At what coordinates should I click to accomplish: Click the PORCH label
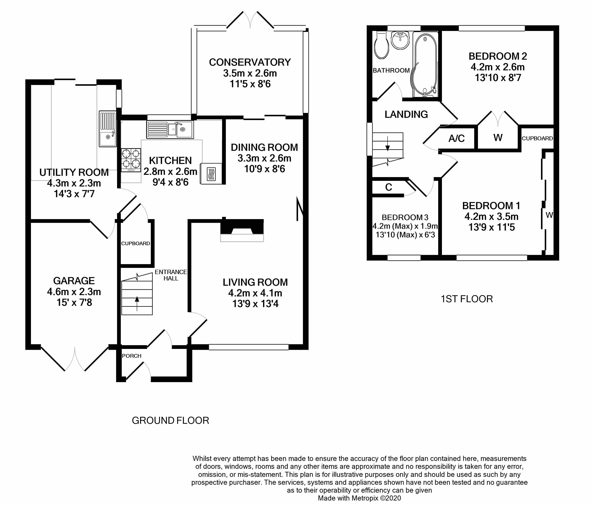click(131, 356)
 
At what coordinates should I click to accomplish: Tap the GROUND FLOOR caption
click(170, 420)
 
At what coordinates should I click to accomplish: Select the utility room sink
click(108, 129)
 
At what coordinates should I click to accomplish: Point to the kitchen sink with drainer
click(170, 129)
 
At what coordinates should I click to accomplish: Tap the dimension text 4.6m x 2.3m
click(74, 292)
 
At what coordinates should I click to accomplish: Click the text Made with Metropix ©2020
click(359, 498)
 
